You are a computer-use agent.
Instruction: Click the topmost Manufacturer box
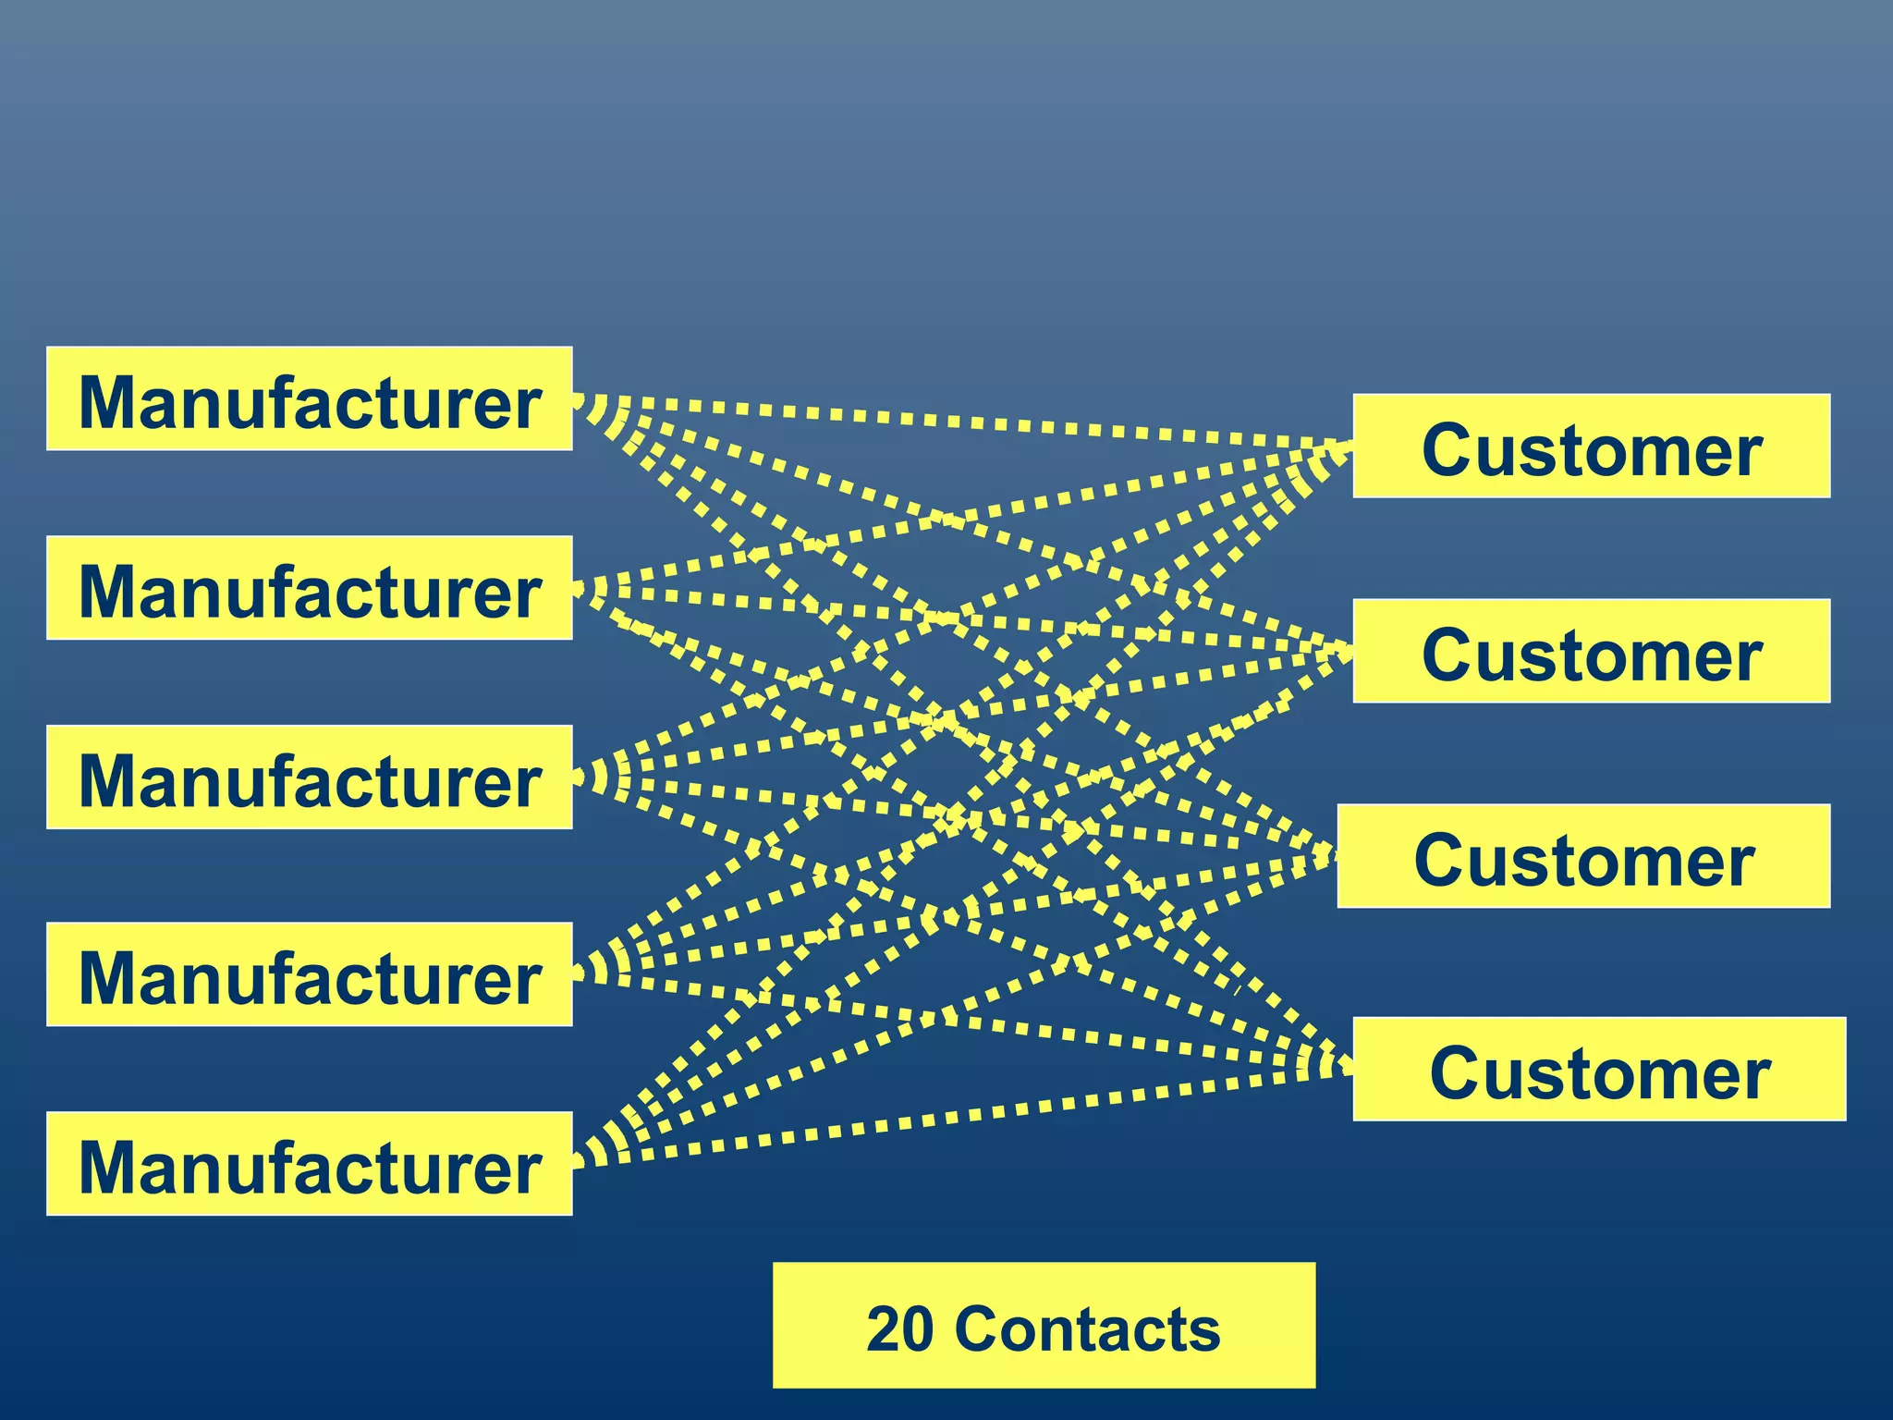[x=309, y=399]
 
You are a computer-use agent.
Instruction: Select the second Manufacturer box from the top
[x=309, y=588]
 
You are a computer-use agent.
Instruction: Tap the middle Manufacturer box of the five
[x=309, y=777]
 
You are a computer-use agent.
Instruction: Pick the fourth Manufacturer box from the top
[x=309, y=974]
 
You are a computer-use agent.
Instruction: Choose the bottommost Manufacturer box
[x=309, y=1164]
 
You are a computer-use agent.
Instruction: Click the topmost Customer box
[x=1591, y=447]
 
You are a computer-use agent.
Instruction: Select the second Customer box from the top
[x=1591, y=652]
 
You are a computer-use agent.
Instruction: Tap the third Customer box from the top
[x=1582, y=857]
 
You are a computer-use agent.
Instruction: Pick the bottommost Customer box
[x=1598, y=1070]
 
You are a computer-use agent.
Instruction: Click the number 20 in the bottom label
[x=900, y=1329]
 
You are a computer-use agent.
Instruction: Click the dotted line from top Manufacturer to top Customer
[x=961, y=422]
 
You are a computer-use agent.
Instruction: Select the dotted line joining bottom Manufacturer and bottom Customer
[x=961, y=1116]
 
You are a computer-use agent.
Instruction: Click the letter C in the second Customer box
[x=1449, y=655]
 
